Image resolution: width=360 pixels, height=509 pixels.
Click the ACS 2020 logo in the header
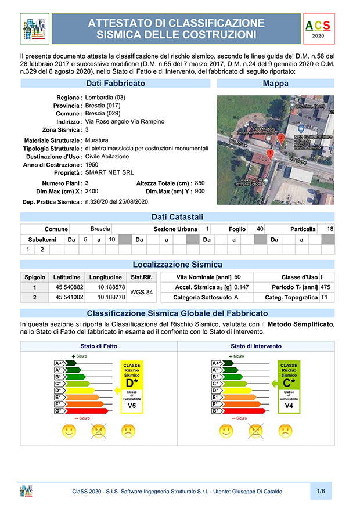[x=318, y=29]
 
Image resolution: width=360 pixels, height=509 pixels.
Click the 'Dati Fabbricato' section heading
[x=116, y=84]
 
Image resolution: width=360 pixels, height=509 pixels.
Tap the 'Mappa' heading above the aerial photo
[x=275, y=84]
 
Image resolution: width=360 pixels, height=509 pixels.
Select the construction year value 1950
[x=92, y=164]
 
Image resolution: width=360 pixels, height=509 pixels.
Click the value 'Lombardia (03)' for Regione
[x=105, y=97]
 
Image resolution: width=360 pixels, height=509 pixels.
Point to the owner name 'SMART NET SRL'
[x=110, y=172]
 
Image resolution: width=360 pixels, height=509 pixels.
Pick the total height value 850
[x=200, y=183]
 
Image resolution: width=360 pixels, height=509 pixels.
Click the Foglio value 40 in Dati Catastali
[x=260, y=229]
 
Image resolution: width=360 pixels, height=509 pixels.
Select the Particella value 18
[x=330, y=229]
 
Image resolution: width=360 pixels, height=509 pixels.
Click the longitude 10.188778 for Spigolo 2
[x=111, y=297]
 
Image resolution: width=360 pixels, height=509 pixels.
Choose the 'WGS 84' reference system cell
[x=142, y=292]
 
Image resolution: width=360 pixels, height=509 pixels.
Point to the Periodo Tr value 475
[x=325, y=287]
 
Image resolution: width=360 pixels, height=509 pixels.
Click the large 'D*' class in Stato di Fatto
[x=132, y=383]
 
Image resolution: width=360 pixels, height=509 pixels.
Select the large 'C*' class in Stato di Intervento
[x=289, y=383]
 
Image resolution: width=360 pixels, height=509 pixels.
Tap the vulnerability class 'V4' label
[x=289, y=406]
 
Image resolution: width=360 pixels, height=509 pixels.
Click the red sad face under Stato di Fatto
[x=128, y=431]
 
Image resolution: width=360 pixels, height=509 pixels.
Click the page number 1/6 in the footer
[x=321, y=491]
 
